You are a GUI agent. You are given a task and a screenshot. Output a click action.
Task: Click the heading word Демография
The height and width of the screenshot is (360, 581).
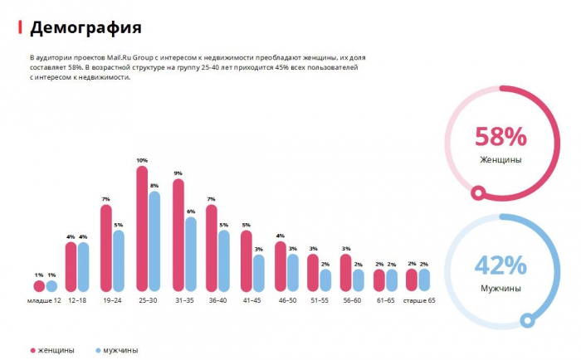[x=85, y=27]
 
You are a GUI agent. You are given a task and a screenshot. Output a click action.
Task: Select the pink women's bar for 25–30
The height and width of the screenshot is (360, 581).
[x=142, y=229]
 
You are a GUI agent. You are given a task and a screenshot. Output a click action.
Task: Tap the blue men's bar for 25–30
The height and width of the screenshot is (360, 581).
[x=154, y=241]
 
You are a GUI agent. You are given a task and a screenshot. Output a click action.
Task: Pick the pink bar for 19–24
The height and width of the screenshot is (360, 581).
[x=105, y=248]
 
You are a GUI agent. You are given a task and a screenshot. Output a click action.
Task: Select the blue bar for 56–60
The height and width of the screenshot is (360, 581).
[x=359, y=280]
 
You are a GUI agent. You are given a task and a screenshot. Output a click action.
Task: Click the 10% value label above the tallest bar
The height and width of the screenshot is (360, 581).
[x=142, y=160]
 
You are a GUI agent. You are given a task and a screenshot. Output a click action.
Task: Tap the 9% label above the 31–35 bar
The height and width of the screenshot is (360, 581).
[x=178, y=173]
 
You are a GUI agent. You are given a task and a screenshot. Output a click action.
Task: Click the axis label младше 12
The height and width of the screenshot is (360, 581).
[x=45, y=300]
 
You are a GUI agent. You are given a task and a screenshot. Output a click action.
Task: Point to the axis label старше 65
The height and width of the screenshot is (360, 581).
[x=418, y=300]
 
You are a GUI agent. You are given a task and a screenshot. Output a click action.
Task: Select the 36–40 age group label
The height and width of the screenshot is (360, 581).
[x=217, y=300]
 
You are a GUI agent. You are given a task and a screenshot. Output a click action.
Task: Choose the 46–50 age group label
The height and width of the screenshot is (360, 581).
[x=286, y=300]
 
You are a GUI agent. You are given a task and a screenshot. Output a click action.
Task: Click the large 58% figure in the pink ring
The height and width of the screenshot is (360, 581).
[x=500, y=136]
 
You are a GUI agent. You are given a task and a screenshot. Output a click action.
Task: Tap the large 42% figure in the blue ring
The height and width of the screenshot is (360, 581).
[x=500, y=265]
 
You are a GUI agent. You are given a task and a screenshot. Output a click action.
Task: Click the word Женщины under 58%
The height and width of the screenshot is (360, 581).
[x=500, y=159]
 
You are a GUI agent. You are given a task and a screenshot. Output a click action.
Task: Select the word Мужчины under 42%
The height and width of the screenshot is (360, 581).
[x=500, y=289]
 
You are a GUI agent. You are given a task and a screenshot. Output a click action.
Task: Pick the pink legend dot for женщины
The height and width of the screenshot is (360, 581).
[x=33, y=350]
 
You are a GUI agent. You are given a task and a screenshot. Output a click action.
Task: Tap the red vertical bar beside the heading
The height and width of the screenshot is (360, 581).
[x=21, y=27]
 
